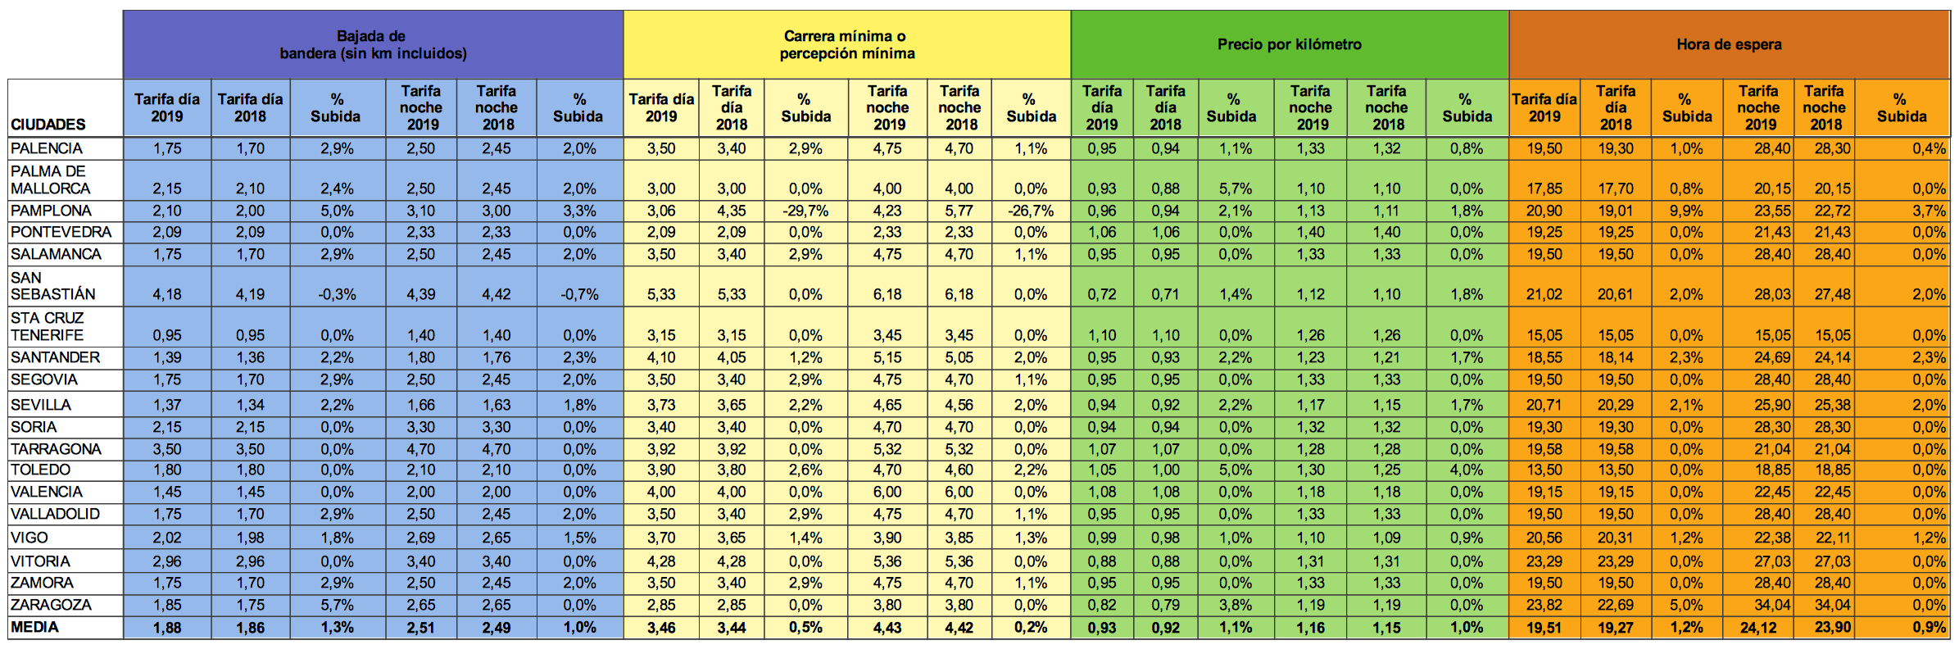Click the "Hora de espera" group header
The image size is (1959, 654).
[x=1729, y=44]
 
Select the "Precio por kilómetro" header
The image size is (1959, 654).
[x=1289, y=44]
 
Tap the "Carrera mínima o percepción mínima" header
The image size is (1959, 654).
[x=846, y=45]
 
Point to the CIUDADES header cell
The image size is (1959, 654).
[x=48, y=125]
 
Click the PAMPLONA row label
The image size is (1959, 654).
[x=51, y=211]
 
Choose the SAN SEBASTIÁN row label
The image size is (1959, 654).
[x=52, y=286]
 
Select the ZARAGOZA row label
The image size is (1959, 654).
[x=51, y=605]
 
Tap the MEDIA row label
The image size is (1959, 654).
[x=35, y=627]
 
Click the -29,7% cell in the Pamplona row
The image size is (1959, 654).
[x=805, y=211]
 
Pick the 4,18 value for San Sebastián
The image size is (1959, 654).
[x=167, y=294]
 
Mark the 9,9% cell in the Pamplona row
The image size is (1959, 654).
[x=1686, y=211]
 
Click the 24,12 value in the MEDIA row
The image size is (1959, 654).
[x=1758, y=628]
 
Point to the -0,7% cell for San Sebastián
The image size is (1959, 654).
[x=579, y=294]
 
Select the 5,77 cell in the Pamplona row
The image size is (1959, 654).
[x=959, y=211]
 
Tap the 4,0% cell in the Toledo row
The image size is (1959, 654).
[x=1466, y=470]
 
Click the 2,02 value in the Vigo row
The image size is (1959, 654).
[x=167, y=538]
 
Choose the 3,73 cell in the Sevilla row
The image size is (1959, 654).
[x=660, y=405]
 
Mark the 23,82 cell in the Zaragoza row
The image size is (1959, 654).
[x=1544, y=605]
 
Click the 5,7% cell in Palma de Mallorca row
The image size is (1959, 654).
[x=1235, y=188]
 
